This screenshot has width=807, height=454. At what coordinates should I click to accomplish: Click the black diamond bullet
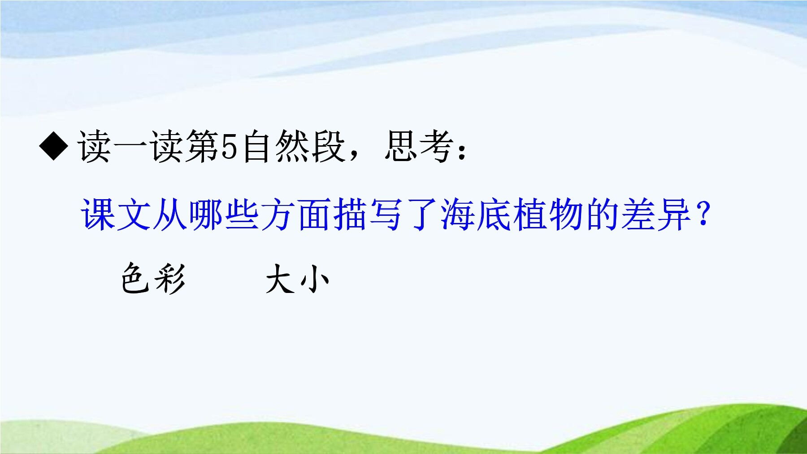coord(54,146)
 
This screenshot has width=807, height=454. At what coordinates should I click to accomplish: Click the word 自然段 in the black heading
coord(294,146)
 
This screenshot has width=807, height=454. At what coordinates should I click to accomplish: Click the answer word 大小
coord(297,279)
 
